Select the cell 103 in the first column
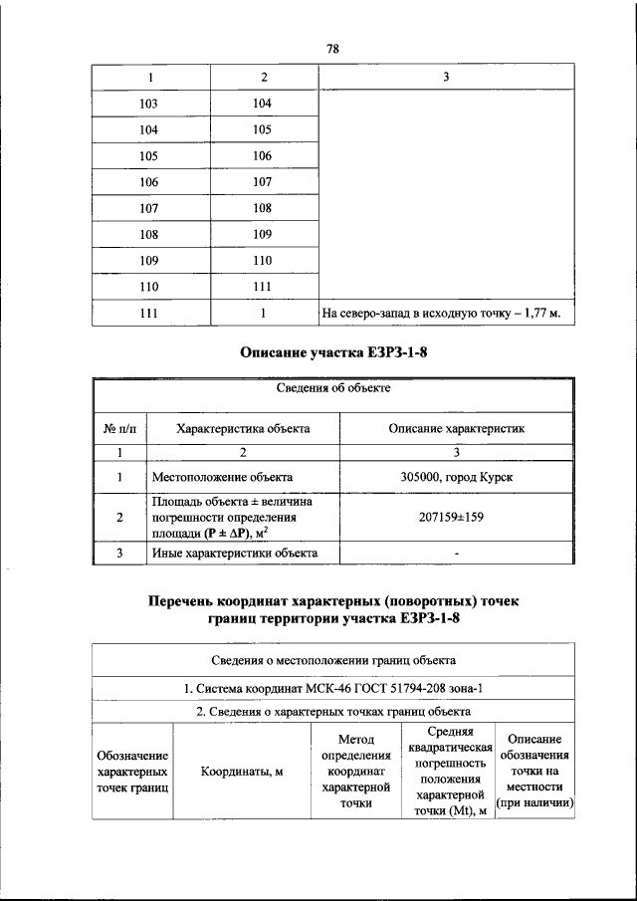pos(149,104)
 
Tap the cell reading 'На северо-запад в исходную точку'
pos(441,314)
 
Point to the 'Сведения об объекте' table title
pos(332,389)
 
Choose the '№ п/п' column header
pos(118,428)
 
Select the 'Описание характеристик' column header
pos(456,428)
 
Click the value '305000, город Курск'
pos(456,477)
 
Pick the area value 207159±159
pos(456,518)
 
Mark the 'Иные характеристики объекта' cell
pos(235,553)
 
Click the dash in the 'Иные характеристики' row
pos(456,554)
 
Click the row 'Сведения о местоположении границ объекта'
pos(334,659)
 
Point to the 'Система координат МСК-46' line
pos(334,688)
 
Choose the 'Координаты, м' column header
pos(243,772)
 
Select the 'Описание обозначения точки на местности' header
pos(534,772)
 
